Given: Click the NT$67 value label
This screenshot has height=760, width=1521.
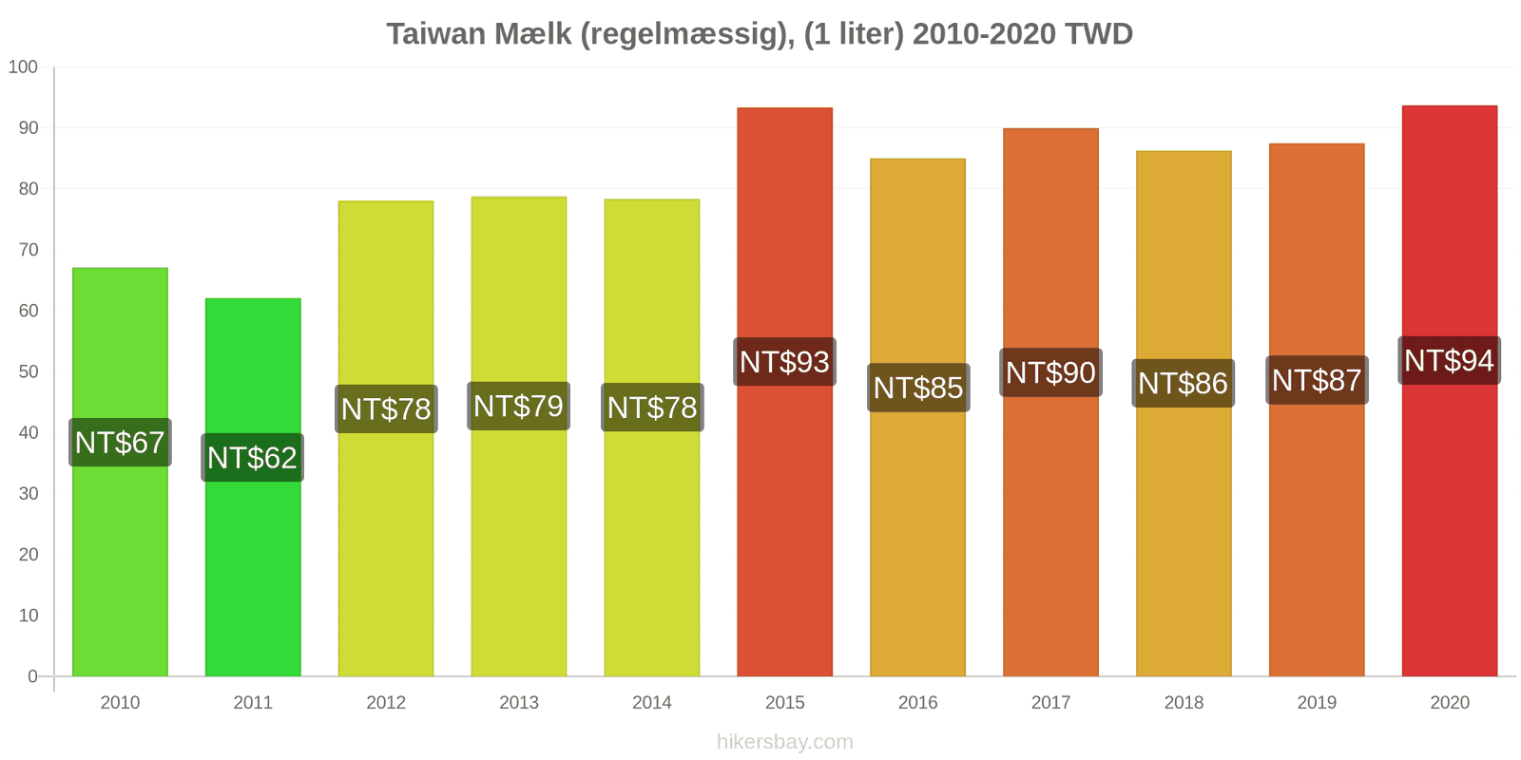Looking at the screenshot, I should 120,443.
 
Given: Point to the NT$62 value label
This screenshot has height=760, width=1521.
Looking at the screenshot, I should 253,458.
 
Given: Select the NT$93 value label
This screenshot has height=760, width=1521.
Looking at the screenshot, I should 784,362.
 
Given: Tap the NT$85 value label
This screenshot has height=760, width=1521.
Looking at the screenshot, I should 918,388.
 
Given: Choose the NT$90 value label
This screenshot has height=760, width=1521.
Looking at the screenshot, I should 1050,372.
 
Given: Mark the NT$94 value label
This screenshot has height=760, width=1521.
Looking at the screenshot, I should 1449,361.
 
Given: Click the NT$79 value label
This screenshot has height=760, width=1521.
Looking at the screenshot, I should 519,407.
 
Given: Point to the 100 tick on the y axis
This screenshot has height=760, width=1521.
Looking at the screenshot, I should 23,67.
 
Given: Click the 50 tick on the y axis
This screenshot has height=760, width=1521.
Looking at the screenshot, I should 28,371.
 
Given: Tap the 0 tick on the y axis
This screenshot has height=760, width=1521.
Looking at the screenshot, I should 32,676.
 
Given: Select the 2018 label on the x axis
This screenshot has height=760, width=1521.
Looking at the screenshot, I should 1184,703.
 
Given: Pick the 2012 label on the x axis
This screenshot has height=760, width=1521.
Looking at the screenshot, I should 386,703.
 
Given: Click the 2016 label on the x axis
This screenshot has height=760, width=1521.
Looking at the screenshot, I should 918,703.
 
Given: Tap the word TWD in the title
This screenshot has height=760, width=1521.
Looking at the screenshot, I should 1099,34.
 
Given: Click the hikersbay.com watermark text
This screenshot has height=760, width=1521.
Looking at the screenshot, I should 784,742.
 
